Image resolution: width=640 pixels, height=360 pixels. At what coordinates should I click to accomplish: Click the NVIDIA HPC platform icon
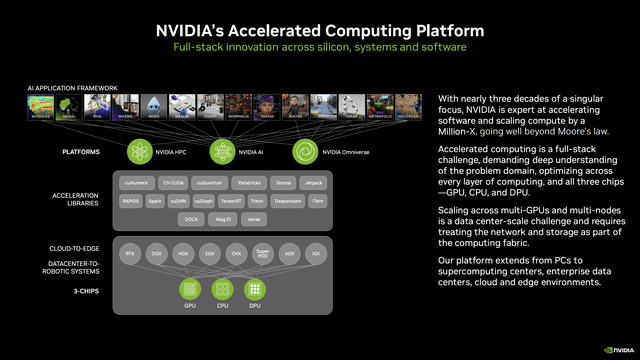tap(139, 151)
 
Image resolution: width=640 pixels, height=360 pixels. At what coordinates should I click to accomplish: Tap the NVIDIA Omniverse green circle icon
tap(305, 151)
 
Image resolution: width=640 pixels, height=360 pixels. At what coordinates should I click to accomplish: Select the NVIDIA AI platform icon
tap(222, 151)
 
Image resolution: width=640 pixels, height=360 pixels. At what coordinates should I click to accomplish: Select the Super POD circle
tap(262, 253)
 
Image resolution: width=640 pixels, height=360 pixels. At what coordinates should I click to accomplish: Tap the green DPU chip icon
tap(256, 289)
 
